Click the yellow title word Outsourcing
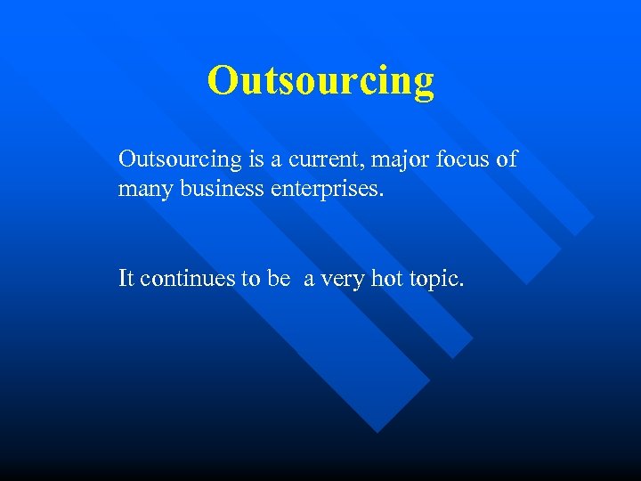(x=320, y=80)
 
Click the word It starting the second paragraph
(x=126, y=279)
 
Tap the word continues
(x=187, y=279)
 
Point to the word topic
(x=434, y=280)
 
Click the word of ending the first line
(x=507, y=160)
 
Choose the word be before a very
(x=279, y=279)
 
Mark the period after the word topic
(x=461, y=285)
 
